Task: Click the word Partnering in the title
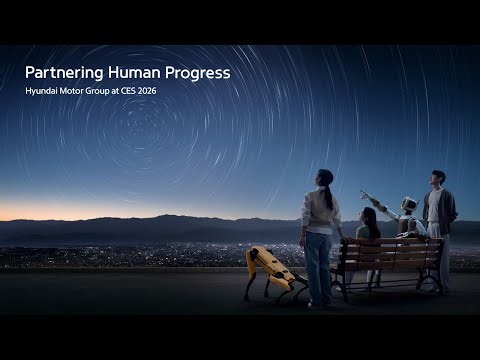click(x=58, y=74)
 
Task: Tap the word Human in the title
click(x=128, y=73)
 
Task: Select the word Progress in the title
click(x=196, y=74)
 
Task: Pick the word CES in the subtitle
click(x=122, y=92)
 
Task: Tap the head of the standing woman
click(x=325, y=177)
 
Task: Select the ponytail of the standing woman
click(x=327, y=194)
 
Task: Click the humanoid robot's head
click(x=408, y=204)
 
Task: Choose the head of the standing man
click(x=438, y=177)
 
